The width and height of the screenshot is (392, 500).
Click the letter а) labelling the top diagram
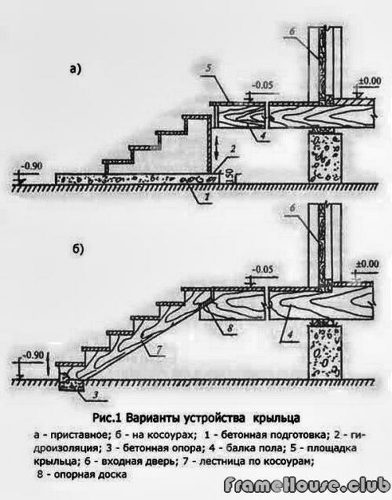click(75, 69)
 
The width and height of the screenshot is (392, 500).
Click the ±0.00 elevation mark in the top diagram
click(368, 80)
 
